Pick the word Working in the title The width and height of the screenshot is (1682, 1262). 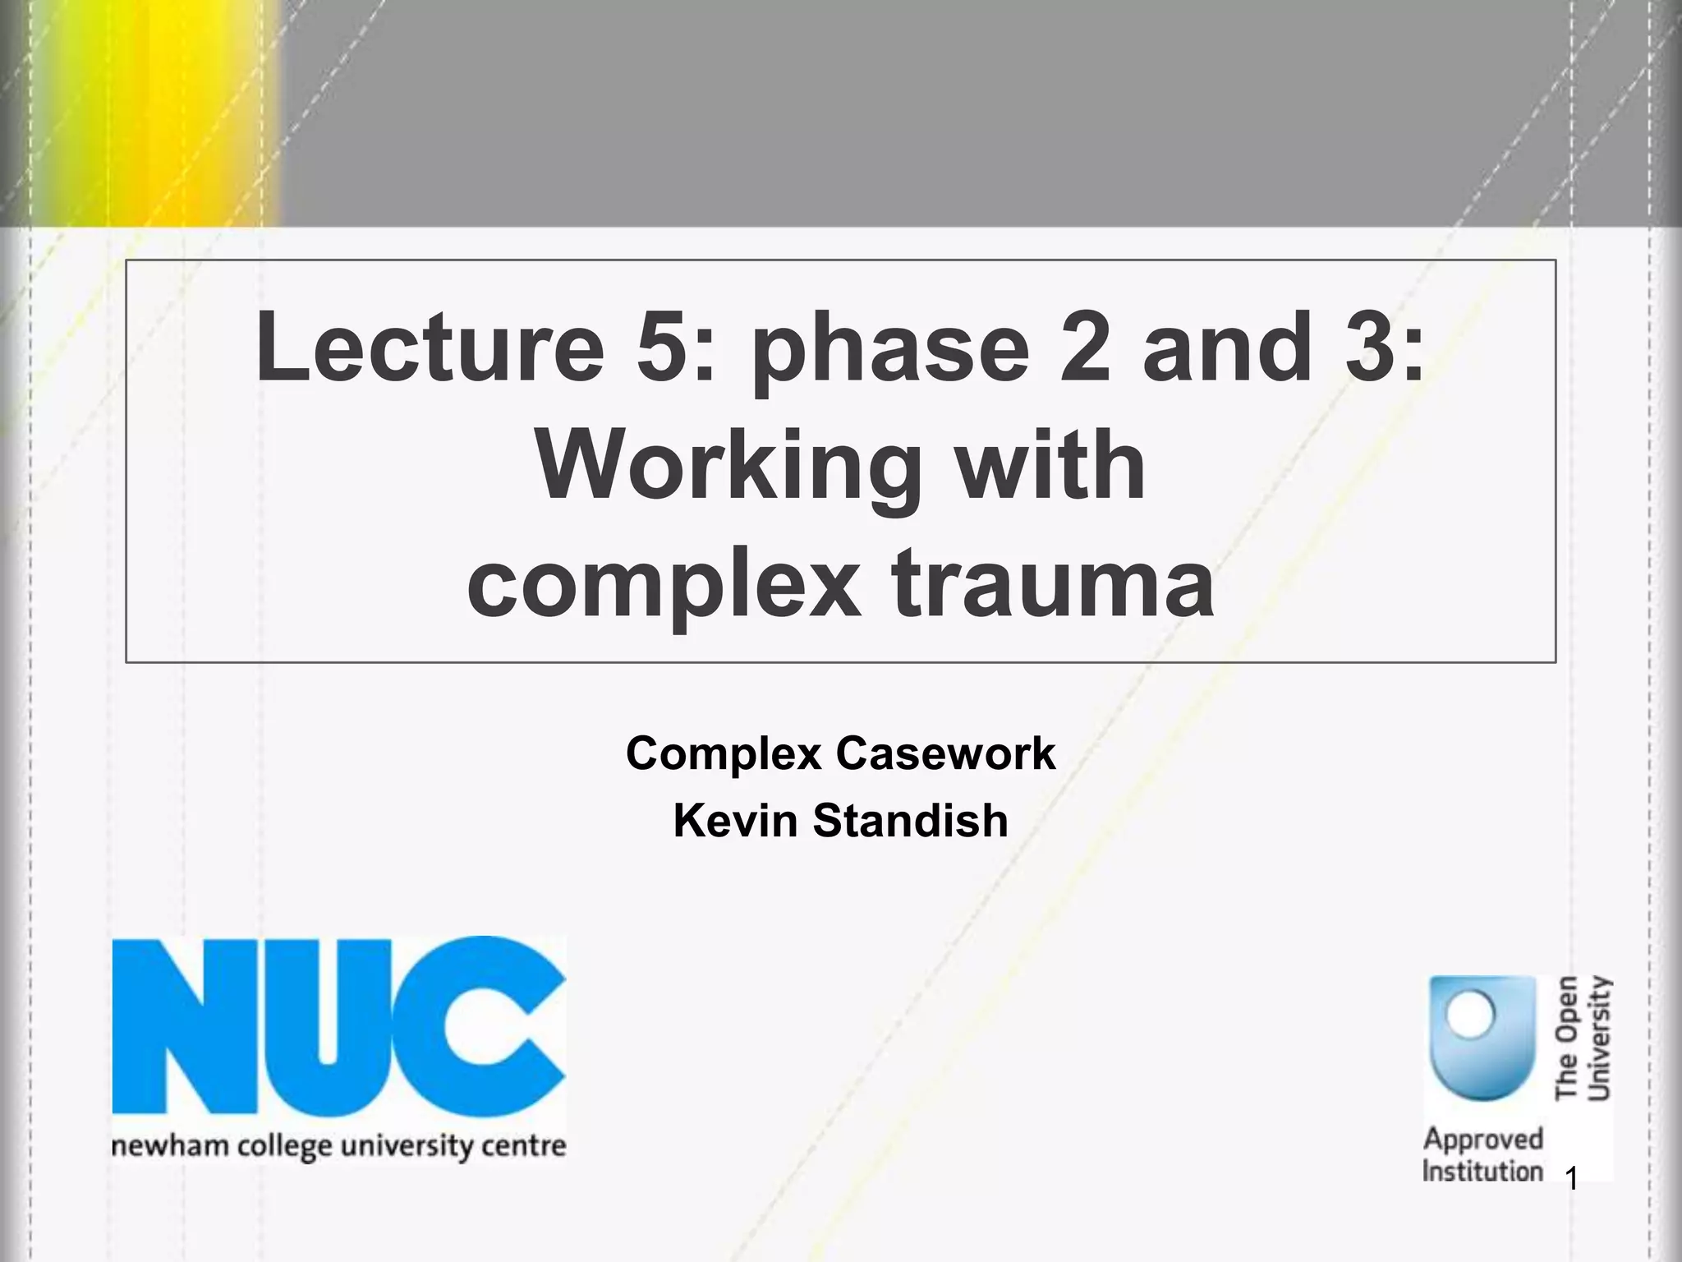coord(727,468)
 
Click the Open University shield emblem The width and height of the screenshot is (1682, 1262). coord(1482,1038)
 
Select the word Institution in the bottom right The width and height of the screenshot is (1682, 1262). coord(1482,1171)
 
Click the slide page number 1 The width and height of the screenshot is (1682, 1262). coord(1571,1181)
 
